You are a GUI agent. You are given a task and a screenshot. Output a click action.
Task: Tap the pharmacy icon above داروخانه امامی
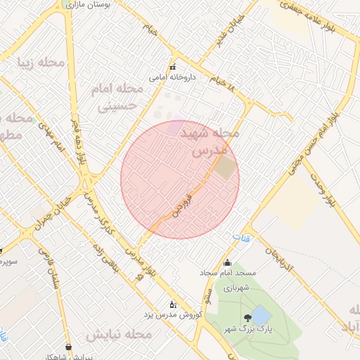pos(172,67)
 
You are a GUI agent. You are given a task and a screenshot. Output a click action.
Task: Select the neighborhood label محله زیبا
pos(41,63)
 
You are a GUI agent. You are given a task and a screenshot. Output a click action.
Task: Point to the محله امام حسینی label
pos(117,98)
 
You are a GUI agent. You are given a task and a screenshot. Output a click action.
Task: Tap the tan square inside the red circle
pos(224,167)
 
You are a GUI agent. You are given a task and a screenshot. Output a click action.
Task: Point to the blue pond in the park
pos(260,314)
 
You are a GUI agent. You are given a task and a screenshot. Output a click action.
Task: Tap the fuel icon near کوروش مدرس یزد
pos(174,304)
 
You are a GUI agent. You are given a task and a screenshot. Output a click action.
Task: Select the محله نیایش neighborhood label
pos(119,335)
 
